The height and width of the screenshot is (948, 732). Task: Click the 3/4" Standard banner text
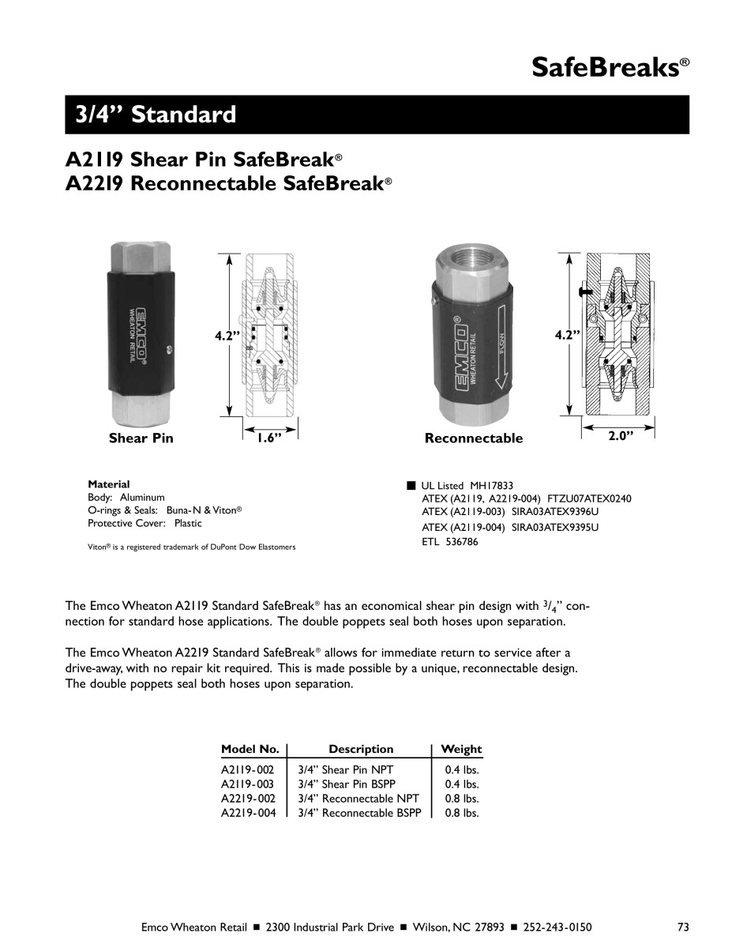156,115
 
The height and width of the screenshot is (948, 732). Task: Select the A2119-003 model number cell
248,784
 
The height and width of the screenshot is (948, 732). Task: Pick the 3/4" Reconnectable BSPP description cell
359,813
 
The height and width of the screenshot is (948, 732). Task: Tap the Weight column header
461,749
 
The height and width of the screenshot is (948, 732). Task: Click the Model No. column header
250,749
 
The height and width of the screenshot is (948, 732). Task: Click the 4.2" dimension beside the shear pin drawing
227,336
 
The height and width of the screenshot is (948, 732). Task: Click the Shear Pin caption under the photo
141,438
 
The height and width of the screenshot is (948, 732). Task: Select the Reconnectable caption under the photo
474,438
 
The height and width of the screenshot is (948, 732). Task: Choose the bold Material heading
109,484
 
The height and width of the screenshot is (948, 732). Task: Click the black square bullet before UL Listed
411,485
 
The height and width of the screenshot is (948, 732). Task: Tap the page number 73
683,927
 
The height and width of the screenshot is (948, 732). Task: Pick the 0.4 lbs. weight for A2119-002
462,769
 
